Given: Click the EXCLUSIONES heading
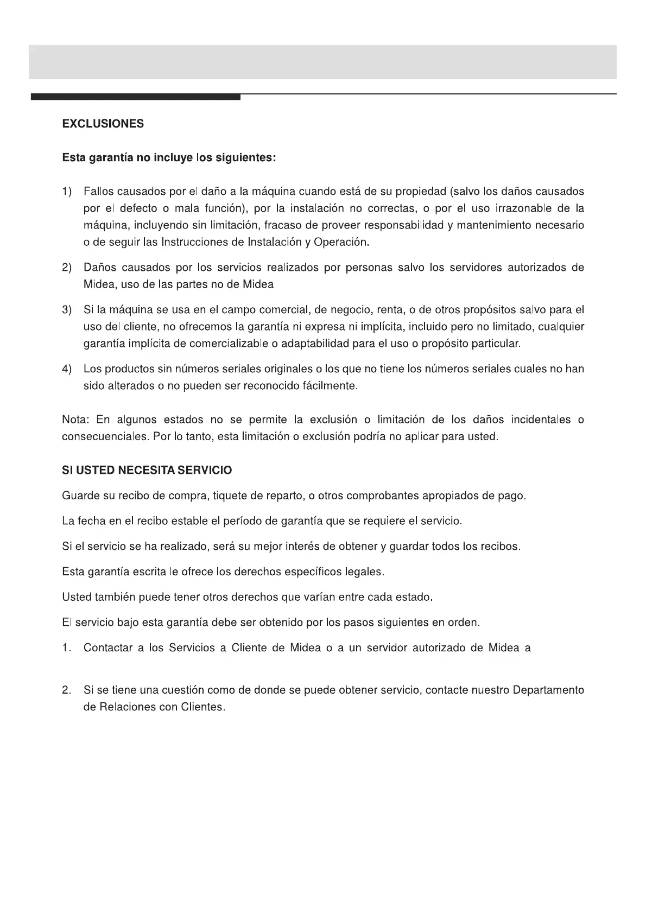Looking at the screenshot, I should point(103,124).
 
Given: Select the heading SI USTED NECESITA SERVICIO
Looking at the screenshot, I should point(147,470).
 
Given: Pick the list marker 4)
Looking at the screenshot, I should point(67,369).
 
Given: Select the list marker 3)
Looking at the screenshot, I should point(67,310).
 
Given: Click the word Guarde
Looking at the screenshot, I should point(81,496).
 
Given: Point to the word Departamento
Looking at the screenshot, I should point(548,690).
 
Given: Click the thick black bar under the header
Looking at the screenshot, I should point(136,97).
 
